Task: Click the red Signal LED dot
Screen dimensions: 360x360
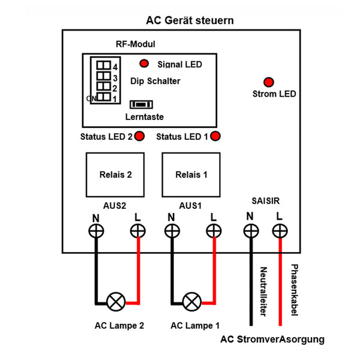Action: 145,64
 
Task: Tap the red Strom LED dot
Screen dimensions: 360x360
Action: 269,81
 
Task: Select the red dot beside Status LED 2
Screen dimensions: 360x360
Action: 140,136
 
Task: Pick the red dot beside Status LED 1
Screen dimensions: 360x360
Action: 215,136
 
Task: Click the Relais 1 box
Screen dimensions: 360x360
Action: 191,176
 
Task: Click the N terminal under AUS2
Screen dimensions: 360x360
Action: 95,230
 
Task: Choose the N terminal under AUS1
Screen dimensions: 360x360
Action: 172,230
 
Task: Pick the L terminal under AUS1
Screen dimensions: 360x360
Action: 212,230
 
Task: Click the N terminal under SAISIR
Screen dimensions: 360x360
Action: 250,230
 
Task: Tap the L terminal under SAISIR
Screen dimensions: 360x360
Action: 279,230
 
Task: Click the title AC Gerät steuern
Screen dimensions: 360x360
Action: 190,20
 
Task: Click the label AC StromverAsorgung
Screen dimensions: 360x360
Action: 272,340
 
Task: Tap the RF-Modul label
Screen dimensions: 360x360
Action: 135,45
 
